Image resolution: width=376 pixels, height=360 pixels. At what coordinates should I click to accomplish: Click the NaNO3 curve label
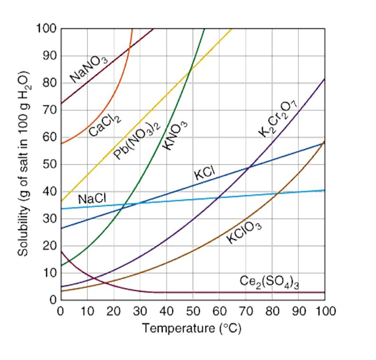(89, 68)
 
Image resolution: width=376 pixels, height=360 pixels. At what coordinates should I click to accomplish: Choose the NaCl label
(92, 199)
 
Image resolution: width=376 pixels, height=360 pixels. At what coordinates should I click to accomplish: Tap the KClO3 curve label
(244, 232)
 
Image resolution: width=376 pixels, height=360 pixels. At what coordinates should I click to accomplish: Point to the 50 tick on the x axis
(192, 311)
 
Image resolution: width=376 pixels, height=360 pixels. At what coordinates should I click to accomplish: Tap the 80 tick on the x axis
(272, 311)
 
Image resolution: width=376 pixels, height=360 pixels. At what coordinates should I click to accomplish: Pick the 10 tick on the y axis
(49, 273)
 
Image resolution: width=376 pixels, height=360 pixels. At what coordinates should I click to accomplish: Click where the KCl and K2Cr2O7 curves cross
(249, 167)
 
